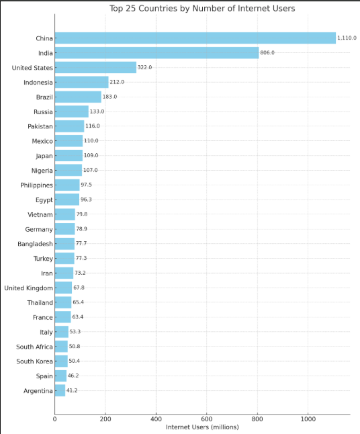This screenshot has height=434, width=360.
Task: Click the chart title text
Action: pyautogui.click(x=202, y=8)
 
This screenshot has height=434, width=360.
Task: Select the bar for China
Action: pyautogui.click(x=195, y=38)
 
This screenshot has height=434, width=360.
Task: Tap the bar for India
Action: pyautogui.click(x=156, y=53)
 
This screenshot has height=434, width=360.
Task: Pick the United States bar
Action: pyautogui.click(x=95, y=67)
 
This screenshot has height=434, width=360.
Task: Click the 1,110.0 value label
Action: pyautogui.click(x=347, y=38)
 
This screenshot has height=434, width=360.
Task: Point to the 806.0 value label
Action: pyautogui.click(x=267, y=53)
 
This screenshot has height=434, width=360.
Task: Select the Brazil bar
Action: pyautogui.click(x=78, y=97)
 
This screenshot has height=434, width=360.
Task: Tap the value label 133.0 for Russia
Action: pyautogui.click(x=97, y=112)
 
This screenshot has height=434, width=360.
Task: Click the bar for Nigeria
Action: pyautogui.click(x=68, y=170)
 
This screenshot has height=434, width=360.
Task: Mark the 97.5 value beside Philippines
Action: pyautogui.click(x=87, y=185)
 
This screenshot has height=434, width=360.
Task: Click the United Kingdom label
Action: pyautogui.click(x=28, y=288)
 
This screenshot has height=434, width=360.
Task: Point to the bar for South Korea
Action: pyautogui.click(x=61, y=361)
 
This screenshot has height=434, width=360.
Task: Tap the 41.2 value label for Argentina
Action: pyautogui.click(x=72, y=390)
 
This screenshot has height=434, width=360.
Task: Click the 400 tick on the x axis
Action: pyautogui.click(x=156, y=419)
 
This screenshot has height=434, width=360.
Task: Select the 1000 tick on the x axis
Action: pyautogui.click(x=308, y=419)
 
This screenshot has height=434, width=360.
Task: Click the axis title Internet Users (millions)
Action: pyautogui.click(x=201, y=427)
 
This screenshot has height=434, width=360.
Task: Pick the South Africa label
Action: pyautogui.click(x=34, y=347)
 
